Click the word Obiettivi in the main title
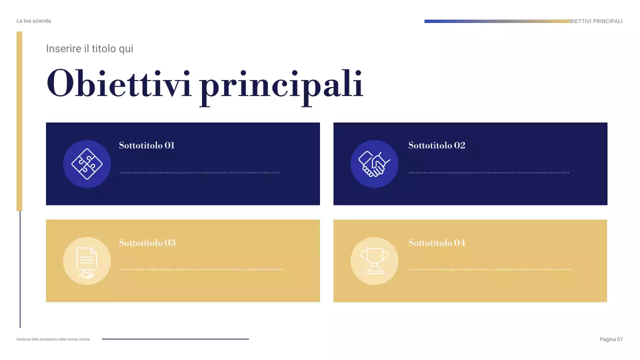click(119, 84)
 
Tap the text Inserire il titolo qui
click(89, 49)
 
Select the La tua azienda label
click(33, 21)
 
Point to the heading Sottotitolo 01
click(146, 145)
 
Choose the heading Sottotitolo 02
click(436, 145)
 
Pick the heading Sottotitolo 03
click(147, 243)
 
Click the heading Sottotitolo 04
click(436, 243)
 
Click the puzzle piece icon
click(86, 163)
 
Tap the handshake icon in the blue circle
click(374, 164)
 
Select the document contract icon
click(86, 261)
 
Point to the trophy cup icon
click(374, 260)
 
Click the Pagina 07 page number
click(611, 339)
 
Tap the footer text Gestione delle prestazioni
click(53, 339)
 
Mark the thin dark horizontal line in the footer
click(175, 339)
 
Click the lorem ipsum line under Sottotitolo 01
click(199, 173)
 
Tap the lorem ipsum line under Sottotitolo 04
click(490, 269)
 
